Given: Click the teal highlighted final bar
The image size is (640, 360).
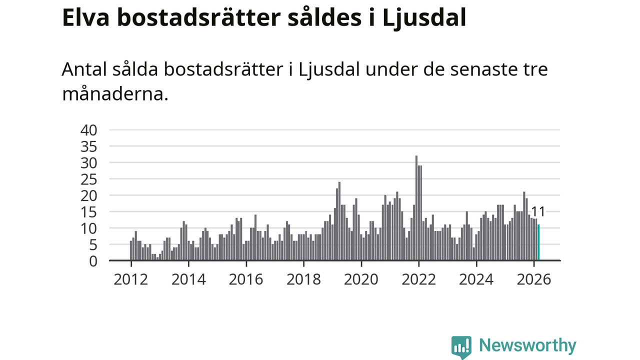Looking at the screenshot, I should click(538, 243).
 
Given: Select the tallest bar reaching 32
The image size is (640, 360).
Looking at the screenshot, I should click(416, 208).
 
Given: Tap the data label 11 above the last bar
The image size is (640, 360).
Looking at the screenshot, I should click(538, 211).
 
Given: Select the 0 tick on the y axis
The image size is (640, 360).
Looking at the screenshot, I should click(92, 260).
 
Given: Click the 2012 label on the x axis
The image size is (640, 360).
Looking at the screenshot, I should click(131, 279).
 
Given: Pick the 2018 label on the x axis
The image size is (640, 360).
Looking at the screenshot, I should click(303, 279).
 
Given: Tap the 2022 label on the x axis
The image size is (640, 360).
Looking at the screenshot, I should click(418, 279).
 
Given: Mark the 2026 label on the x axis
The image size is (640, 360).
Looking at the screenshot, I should click(533, 279).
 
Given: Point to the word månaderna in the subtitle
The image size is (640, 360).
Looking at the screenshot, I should click(114, 93).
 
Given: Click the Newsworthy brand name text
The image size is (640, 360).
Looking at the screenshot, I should click(527, 345).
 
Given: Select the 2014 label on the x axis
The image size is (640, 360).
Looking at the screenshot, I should click(188, 279).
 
